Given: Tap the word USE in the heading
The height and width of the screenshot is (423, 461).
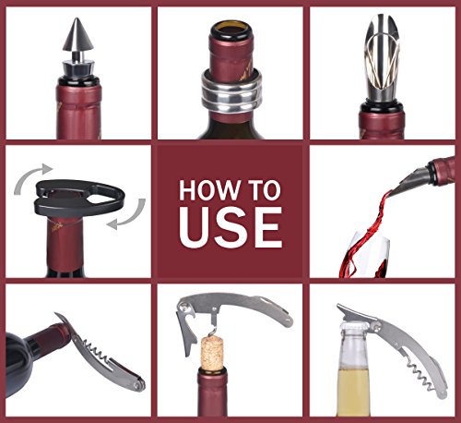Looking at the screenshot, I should pos(230,227).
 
